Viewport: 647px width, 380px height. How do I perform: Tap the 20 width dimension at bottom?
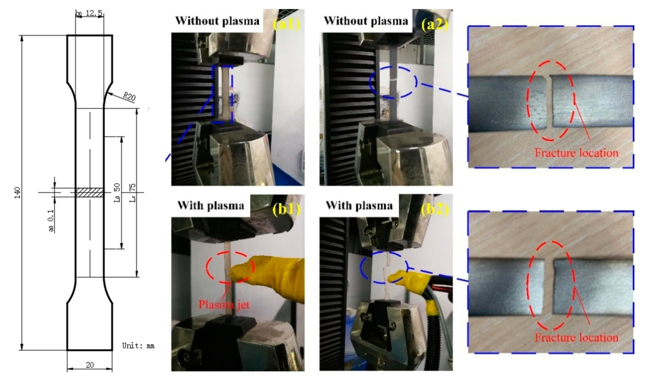90,365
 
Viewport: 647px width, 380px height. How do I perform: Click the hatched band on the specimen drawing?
90,192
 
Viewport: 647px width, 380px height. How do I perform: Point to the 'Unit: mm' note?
138,346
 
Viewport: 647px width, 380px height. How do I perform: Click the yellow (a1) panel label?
286,25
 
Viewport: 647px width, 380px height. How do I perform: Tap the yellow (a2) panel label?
435,25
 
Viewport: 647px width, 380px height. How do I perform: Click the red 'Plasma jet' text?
224,305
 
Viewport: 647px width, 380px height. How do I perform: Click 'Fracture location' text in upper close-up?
576,153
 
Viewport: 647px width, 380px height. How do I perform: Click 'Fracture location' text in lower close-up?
576,337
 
